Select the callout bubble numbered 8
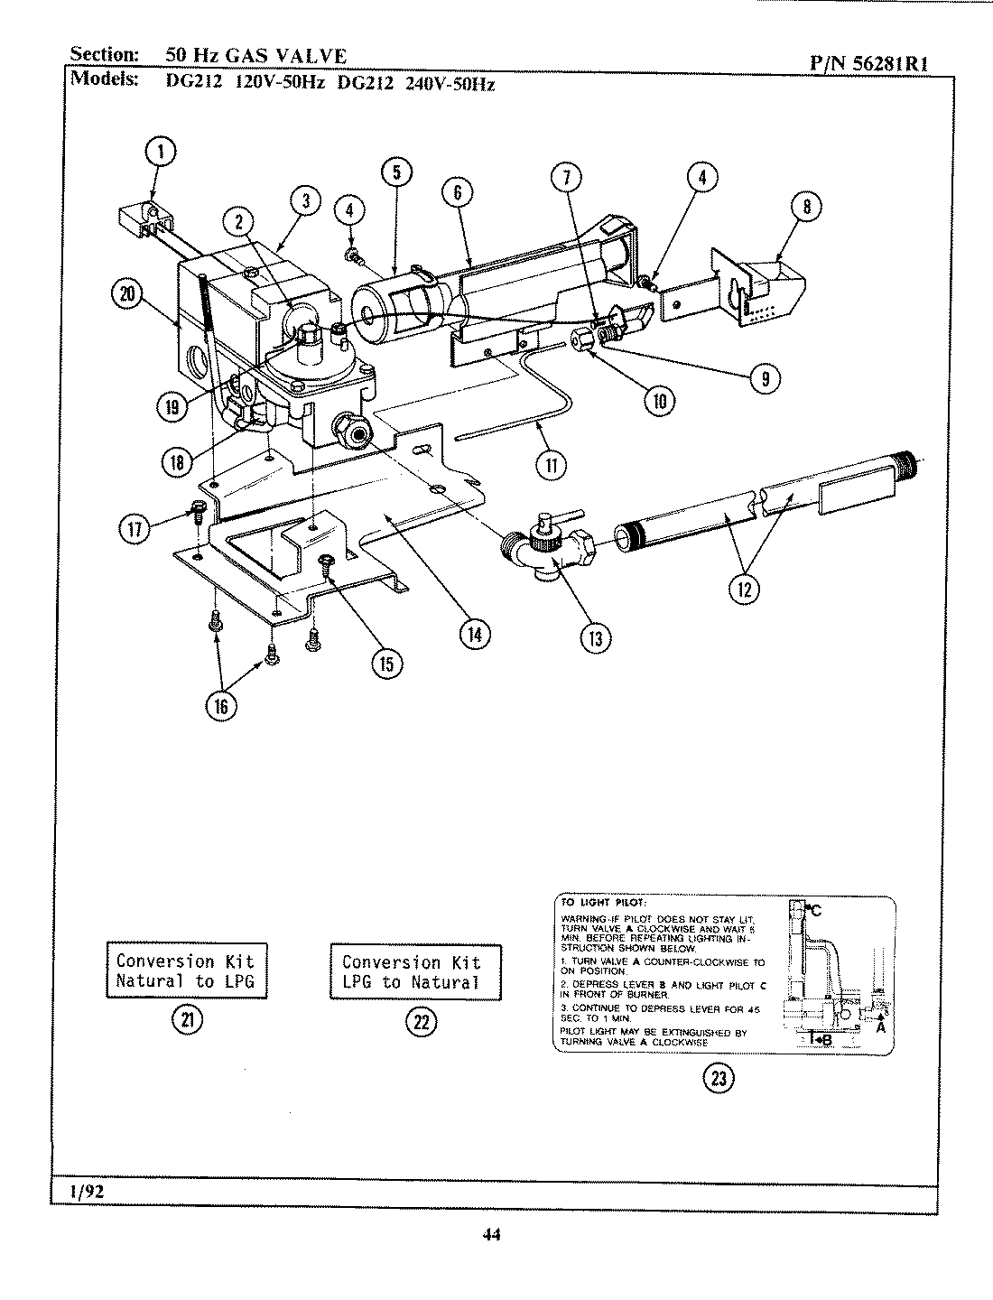[806, 207]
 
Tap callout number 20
[127, 292]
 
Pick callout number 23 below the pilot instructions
[719, 1078]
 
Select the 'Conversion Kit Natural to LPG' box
[186, 971]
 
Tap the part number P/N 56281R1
[868, 63]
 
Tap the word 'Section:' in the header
[105, 54]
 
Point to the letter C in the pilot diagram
[816, 910]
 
